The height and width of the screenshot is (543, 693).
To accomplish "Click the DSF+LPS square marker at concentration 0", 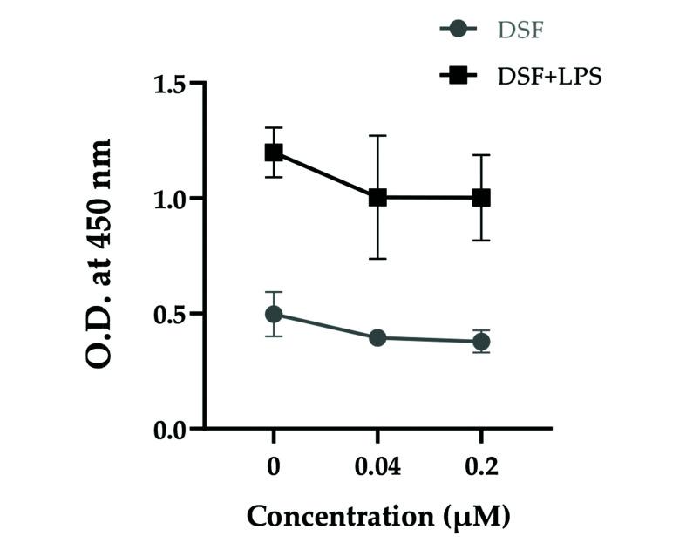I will click(x=274, y=153).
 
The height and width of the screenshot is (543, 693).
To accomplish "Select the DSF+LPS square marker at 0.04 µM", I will click(x=377, y=198).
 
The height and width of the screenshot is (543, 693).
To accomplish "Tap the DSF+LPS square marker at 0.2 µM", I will click(x=481, y=198).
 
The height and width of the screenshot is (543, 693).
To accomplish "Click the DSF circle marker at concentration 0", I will click(x=274, y=314).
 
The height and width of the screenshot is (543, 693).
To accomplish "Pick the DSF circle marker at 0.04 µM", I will click(x=377, y=337).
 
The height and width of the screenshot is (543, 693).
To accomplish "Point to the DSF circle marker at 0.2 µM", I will click(x=481, y=342).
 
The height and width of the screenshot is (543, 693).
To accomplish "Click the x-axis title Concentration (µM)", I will click(x=377, y=516).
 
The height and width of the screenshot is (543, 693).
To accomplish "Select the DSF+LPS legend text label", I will click(x=550, y=77).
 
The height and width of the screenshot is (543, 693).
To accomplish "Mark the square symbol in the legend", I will click(x=459, y=77).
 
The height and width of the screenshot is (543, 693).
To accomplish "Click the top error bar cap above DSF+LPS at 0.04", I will click(x=377, y=136).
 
